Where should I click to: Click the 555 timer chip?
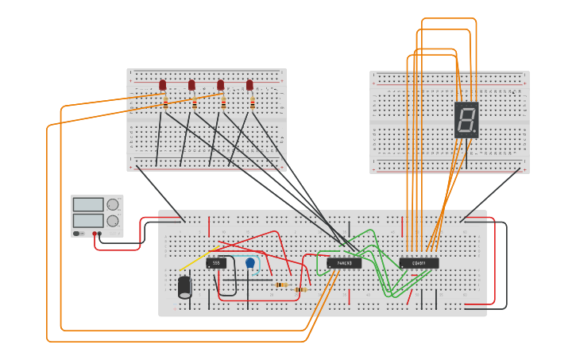click(x=216, y=263)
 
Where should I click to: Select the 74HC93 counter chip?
click(x=344, y=263)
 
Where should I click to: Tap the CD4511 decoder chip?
click(x=419, y=263)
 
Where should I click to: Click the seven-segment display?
click(x=466, y=120)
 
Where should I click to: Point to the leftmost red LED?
click(x=163, y=84)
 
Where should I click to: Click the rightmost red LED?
click(x=249, y=84)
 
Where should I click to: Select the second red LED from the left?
click(x=191, y=84)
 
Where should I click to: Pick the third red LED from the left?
click(x=221, y=84)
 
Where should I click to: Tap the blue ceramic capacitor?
click(x=250, y=263)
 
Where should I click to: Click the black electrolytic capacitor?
click(x=185, y=286)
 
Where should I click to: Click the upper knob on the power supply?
click(x=113, y=204)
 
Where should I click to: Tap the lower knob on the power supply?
click(x=113, y=221)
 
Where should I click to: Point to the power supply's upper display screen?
click(x=87, y=204)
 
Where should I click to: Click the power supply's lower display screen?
click(x=87, y=220)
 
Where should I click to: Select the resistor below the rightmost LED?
click(x=253, y=103)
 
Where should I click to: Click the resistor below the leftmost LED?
click(x=165, y=103)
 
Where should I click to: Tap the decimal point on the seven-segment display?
click(x=475, y=132)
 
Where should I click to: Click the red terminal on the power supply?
click(x=95, y=234)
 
